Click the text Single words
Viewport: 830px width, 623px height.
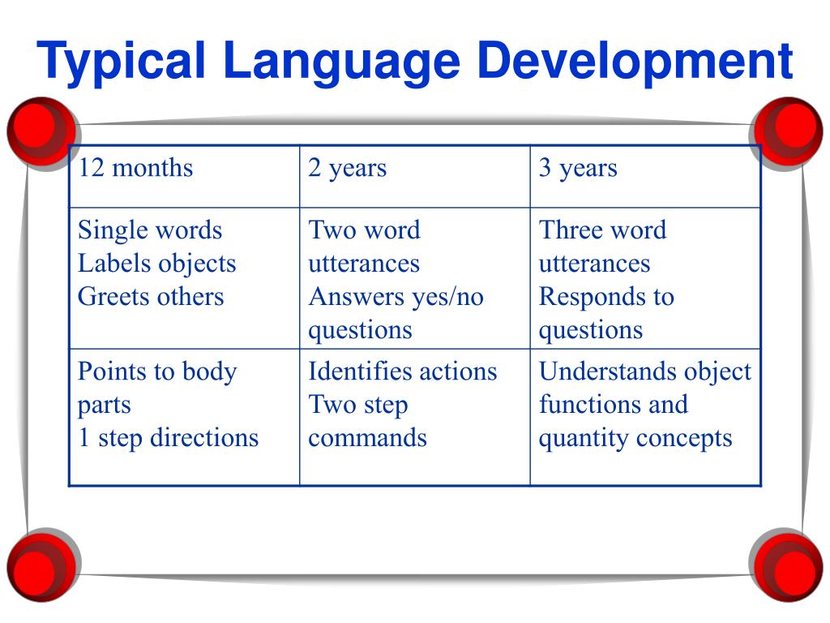pos(150,230)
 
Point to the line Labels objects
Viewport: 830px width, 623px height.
pos(156,263)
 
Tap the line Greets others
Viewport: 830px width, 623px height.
pos(151,296)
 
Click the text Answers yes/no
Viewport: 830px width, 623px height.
pos(396,296)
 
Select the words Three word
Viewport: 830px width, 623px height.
pos(602,230)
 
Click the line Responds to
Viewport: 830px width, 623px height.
pos(606,296)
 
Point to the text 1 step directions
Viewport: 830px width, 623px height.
pos(168,438)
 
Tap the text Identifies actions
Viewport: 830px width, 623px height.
pos(402,372)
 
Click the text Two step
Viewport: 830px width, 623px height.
pos(357,405)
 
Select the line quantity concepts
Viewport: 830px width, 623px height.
pos(635,438)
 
